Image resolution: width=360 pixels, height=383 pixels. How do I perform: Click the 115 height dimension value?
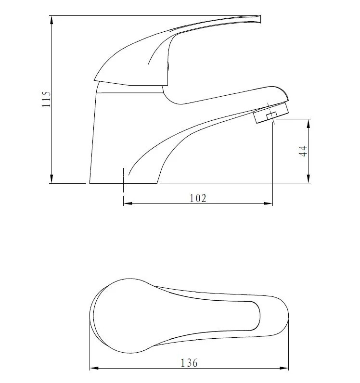tap(46, 99)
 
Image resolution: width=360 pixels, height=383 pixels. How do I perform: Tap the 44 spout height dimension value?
tap(303, 151)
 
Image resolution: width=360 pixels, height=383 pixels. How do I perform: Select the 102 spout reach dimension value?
tap(198, 198)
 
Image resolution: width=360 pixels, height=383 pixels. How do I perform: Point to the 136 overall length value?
tap(189, 363)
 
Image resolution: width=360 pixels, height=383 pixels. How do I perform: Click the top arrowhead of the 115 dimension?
tap(51, 20)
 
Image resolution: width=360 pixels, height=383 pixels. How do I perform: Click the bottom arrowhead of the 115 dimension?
tap(51, 179)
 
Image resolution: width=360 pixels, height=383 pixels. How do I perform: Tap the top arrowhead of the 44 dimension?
tap(309, 123)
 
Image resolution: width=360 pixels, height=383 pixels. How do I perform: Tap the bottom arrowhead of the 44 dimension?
tap(309, 179)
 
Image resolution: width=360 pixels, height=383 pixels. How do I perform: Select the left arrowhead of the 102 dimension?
tap(128, 203)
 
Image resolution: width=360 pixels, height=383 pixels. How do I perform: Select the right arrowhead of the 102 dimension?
tap(269, 203)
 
